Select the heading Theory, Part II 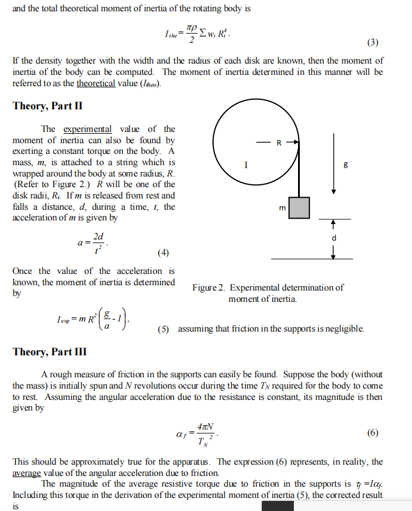47,106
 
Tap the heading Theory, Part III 50,352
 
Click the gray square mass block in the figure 299,207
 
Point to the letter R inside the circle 278,142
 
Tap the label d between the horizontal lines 334,238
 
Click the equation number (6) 372,433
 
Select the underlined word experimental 87,129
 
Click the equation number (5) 164,328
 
